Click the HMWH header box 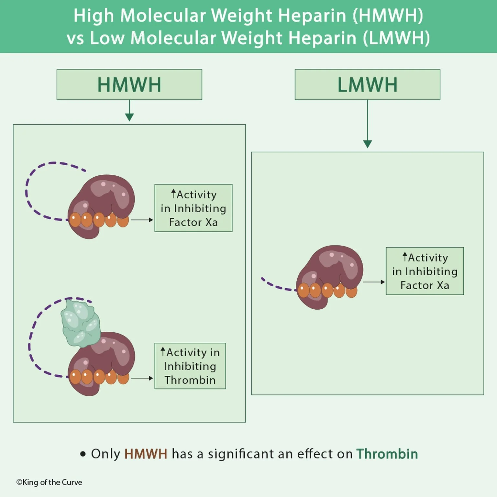[129, 84]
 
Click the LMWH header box [367, 84]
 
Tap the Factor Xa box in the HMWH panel [193, 208]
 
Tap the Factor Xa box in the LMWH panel [425, 271]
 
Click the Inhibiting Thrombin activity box [190, 366]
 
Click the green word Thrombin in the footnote [387, 454]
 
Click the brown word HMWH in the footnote [146, 454]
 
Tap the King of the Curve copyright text [49, 482]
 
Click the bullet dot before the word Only [83, 454]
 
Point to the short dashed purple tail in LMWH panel [277, 285]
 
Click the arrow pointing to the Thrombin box [142, 378]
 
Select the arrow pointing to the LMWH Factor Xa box [374, 282]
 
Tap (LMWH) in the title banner [396, 38]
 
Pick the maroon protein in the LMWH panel [330, 269]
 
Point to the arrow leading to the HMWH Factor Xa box [142, 220]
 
